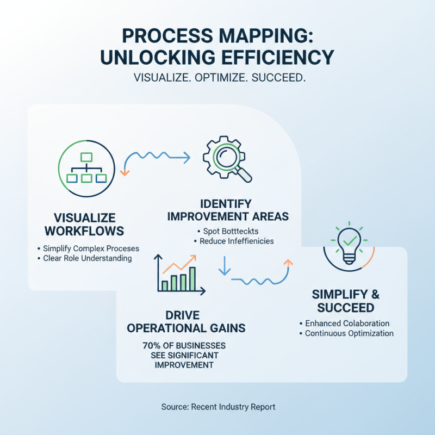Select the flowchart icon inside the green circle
[85, 166]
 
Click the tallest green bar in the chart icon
[192, 278]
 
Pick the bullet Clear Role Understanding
[88, 258]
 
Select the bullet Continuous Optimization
[349, 333]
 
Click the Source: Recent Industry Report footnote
[218, 406]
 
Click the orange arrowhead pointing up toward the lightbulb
[288, 263]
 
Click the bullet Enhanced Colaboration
[347, 324]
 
